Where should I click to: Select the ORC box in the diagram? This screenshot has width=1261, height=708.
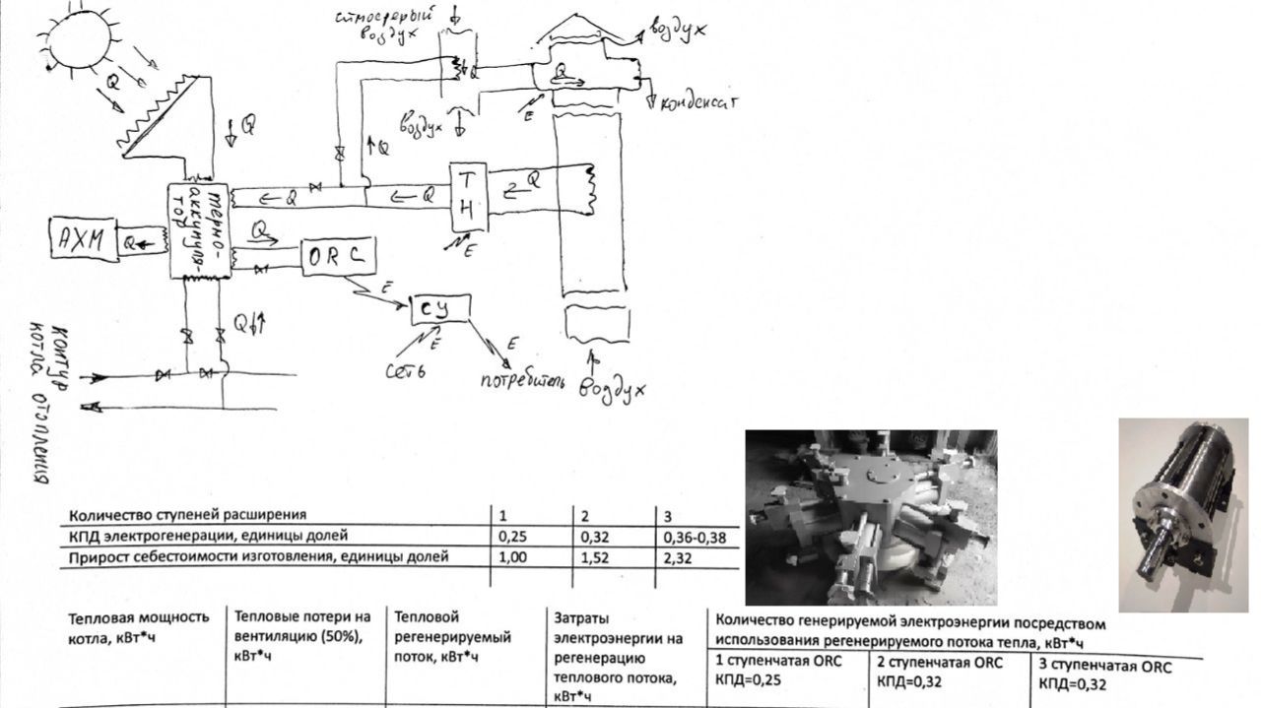[x=337, y=256]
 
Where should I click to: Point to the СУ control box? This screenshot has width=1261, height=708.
[x=440, y=309]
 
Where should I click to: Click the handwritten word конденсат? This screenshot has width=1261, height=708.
[x=697, y=103]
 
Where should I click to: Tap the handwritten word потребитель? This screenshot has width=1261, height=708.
[x=523, y=379]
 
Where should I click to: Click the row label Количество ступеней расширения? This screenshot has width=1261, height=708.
[x=187, y=514]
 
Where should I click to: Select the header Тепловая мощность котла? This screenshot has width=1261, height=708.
[x=138, y=626]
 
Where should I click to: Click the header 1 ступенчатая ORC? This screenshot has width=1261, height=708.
[x=778, y=671]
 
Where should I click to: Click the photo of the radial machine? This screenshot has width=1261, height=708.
[x=870, y=517]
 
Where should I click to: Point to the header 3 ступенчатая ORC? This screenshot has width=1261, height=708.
[x=1105, y=675]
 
